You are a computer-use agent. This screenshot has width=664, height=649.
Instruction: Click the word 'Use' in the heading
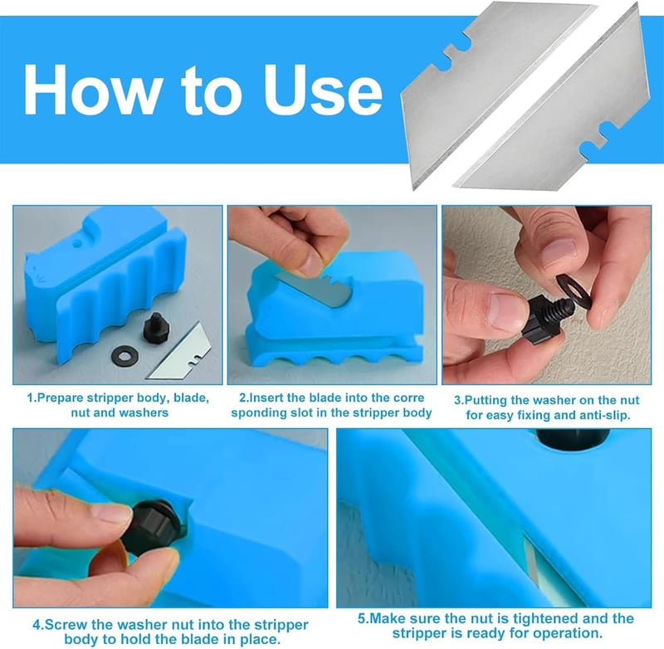(x=323, y=90)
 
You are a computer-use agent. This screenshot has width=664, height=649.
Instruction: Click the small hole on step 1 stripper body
(x=76, y=243)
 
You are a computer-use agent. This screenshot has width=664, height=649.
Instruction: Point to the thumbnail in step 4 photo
(x=110, y=514)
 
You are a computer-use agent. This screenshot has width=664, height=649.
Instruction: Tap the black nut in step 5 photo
(x=573, y=438)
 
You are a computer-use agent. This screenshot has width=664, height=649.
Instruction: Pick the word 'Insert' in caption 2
(x=266, y=398)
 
